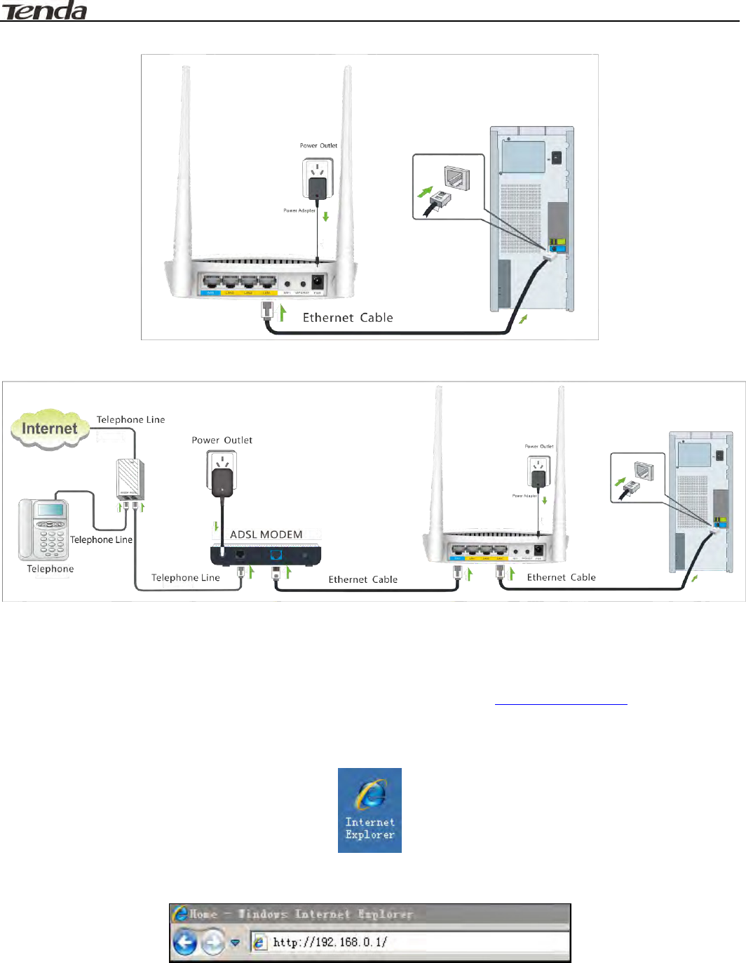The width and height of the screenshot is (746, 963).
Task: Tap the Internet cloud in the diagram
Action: (49, 429)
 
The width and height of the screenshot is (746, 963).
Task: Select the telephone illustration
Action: (43, 530)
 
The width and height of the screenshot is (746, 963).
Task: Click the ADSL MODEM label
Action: (266, 534)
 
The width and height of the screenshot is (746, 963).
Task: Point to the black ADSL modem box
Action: (266, 555)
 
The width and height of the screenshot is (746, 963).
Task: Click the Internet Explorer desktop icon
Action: (369, 810)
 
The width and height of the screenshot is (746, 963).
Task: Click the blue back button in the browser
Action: (185, 942)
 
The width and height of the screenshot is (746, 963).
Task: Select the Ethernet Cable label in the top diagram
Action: (348, 318)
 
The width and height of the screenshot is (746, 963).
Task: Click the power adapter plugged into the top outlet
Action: (318, 187)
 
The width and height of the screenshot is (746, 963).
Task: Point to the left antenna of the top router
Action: (185, 161)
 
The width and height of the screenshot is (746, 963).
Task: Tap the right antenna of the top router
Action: (346, 161)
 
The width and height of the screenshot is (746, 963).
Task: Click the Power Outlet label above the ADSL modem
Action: (222, 440)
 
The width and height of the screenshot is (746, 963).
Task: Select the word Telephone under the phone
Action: (50, 569)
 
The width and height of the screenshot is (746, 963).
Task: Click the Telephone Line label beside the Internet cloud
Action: (131, 419)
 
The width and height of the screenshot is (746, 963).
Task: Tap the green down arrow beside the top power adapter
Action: (326, 217)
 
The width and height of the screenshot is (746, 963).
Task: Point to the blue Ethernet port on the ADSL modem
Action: (276, 555)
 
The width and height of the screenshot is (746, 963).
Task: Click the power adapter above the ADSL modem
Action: (222, 481)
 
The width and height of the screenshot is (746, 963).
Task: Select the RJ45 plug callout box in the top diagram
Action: (449, 187)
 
